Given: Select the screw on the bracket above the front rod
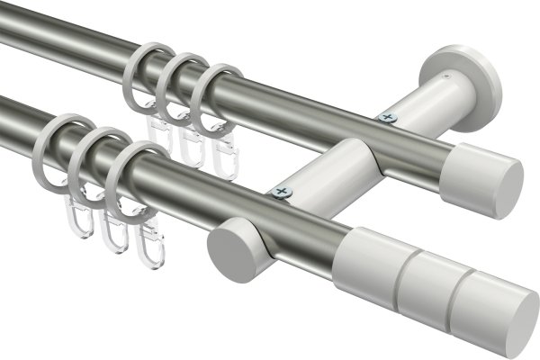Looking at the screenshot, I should tap(283, 191).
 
